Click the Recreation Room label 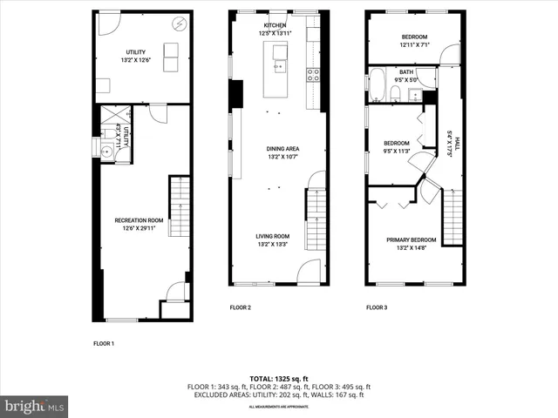[x=139, y=220]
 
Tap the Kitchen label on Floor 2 [x=276, y=25]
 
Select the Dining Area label [x=282, y=149]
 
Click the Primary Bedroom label [x=412, y=239]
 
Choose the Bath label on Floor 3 [x=406, y=71]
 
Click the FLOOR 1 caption [x=104, y=343]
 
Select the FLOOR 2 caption [x=240, y=307]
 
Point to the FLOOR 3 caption [x=376, y=307]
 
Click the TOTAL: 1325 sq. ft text [x=279, y=379]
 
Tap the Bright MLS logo [x=34, y=406]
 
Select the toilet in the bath [x=396, y=93]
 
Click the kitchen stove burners [x=313, y=75]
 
